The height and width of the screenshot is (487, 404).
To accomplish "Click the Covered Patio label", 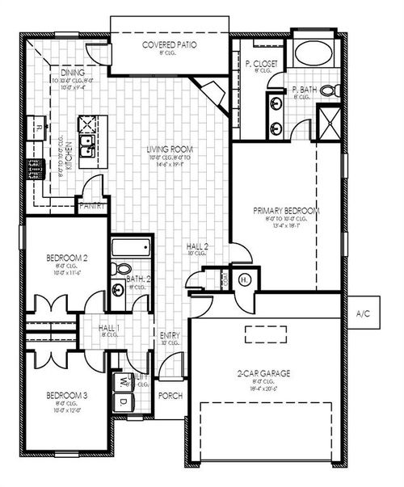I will pos(170,45).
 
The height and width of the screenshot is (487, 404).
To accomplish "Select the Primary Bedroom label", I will pos(286,211).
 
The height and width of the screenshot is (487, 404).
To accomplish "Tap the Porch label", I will pos(170,396).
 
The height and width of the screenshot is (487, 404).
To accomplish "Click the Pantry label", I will pos(93,206).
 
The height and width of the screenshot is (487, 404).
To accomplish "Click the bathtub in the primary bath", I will pos(312,53).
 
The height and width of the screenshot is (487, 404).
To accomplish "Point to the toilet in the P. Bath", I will pos(328,90).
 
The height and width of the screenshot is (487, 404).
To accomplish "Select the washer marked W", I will pos(124,379).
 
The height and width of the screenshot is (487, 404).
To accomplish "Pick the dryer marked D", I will pos(124,401).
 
